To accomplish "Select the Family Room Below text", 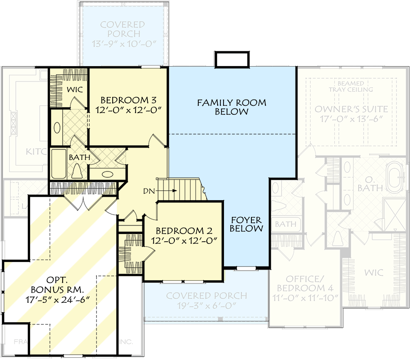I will pyautogui.click(x=232, y=107).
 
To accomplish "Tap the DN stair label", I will pyautogui.click(x=149, y=191).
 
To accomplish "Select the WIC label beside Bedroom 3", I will pyautogui.click(x=75, y=90).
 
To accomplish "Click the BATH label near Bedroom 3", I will pyautogui.click(x=79, y=158).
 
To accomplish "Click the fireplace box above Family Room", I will pyautogui.click(x=232, y=59).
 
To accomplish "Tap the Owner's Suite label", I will pyautogui.click(x=351, y=109).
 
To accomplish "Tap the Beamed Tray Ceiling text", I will pyautogui.click(x=351, y=86).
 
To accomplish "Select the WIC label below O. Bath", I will pyautogui.click(x=373, y=272).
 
